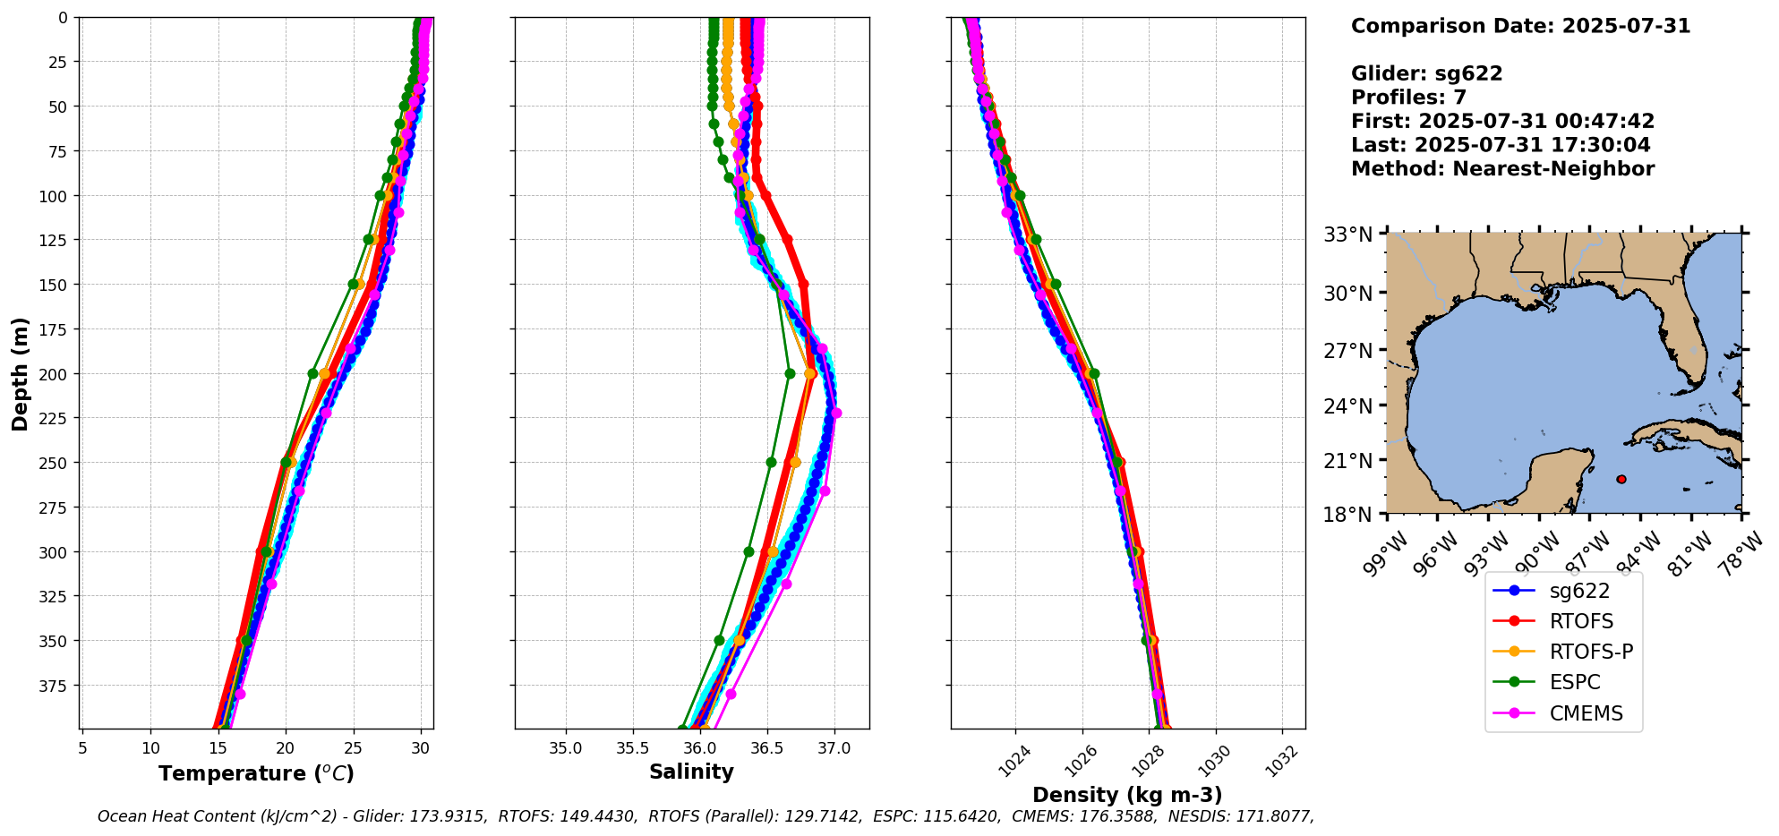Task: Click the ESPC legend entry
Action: click(1574, 682)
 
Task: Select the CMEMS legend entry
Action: click(1586, 713)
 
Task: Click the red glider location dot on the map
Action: click(1621, 479)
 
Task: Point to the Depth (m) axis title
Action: click(20, 373)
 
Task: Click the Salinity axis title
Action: click(691, 772)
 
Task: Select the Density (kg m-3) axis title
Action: click(1127, 795)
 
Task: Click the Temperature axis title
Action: click(256, 773)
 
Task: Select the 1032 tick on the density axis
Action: click(1282, 760)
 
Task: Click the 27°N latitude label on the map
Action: click(1348, 350)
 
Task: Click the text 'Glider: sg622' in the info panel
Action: click(1426, 73)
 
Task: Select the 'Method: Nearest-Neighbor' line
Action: click(1502, 168)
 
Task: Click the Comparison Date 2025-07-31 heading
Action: click(1520, 26)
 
